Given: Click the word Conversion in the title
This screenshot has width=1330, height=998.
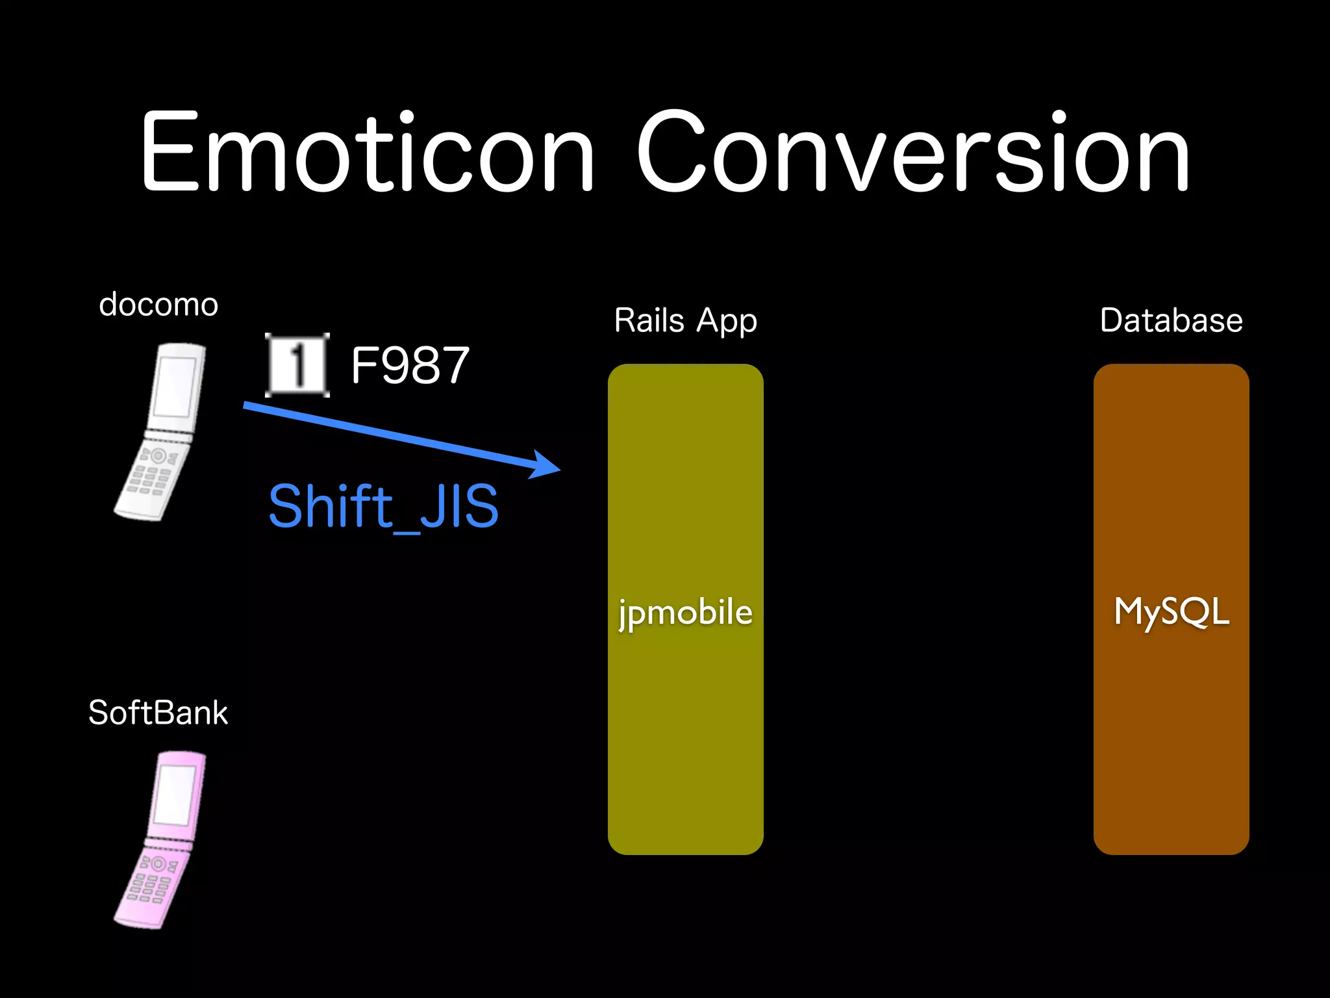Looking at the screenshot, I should pyautogui.click(x=912, y=153).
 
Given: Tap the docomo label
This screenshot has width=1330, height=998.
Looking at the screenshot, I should pyautogui.click(x=158, y=305).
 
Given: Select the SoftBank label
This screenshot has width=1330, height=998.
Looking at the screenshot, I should pyautogui.click(x=158, y=713).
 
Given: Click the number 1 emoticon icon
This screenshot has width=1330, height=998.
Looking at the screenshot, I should pyautogui.click(x=297, y=365).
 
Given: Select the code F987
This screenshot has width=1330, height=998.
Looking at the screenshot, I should pyautogui.click(x=410, y=366).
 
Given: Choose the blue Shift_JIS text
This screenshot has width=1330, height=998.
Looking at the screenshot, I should pyautogui.click(x=383, y=507).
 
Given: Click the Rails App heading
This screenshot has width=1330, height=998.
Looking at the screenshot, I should pyautogui.click(x=685, y=321).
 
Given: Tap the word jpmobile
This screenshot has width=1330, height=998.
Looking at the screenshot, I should pyautogui.click(x=685, y=612).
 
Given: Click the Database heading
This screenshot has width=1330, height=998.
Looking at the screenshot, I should pyautogui.click(x=1171, y=321).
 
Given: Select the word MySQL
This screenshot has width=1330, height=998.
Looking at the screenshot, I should pyautogui.click(x=1171, y=612).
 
